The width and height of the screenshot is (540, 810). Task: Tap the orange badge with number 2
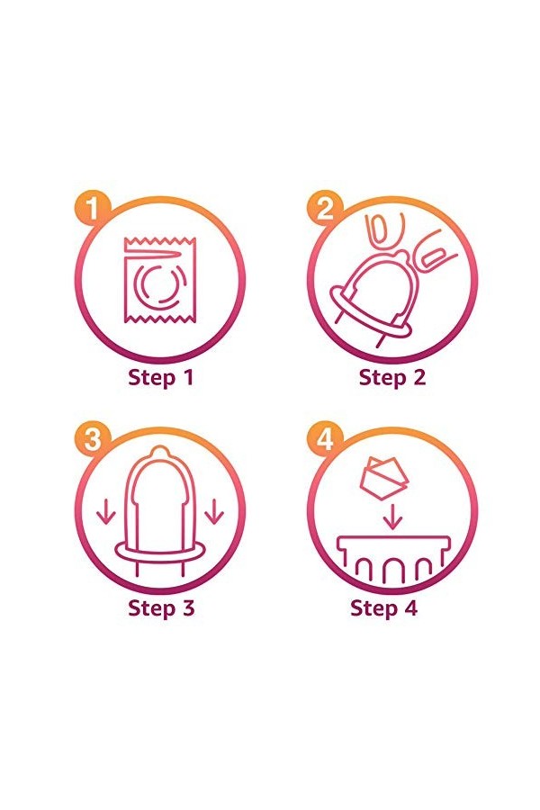coord(325,209)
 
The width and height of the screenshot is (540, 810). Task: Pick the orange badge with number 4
coord(325,440)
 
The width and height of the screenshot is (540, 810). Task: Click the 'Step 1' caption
coord(161,378)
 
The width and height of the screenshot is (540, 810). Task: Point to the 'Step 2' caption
coord(392,378)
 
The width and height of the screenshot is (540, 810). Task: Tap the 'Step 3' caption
coord(161,608)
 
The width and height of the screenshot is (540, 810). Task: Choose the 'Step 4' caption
coord(383,608)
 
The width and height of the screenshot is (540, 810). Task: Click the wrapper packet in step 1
coord(160,280)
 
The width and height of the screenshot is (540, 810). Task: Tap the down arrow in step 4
coord(394,517)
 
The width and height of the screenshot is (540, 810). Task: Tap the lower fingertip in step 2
coord(433,252)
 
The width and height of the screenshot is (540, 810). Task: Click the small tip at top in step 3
coord(161,452)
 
